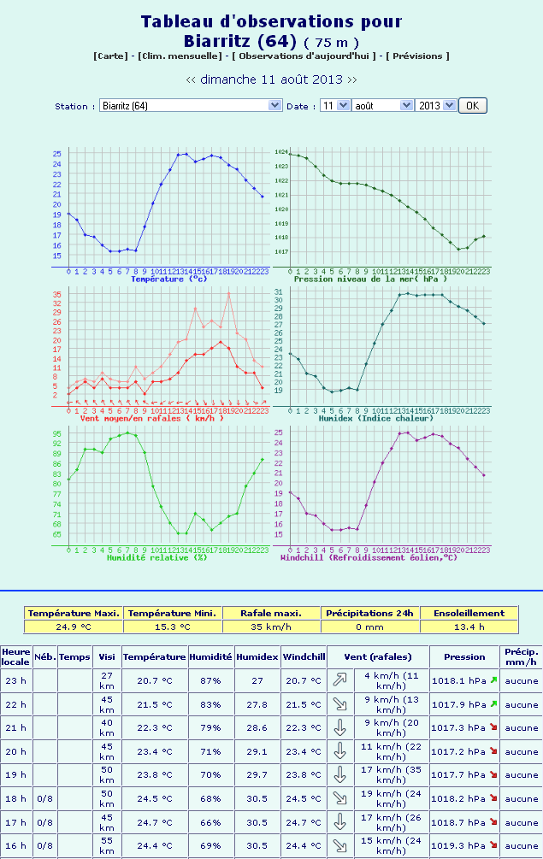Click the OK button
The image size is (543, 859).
tap(472, 105)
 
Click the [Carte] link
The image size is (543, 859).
tap(111, 56)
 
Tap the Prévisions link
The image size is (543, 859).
tap(417, 56)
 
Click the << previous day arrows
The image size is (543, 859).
tap(191, 79)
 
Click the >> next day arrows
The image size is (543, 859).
tap(351, 79)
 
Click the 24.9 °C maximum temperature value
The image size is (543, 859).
tap(74, 626)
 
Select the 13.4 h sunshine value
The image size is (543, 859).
tap(469, 626)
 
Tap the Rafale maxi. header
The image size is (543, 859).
tap(271, 613)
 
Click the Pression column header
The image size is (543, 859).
tap(464, 656)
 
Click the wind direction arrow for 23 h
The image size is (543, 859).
tap(339, 680)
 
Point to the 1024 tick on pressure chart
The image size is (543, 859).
tap(280, 151)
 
